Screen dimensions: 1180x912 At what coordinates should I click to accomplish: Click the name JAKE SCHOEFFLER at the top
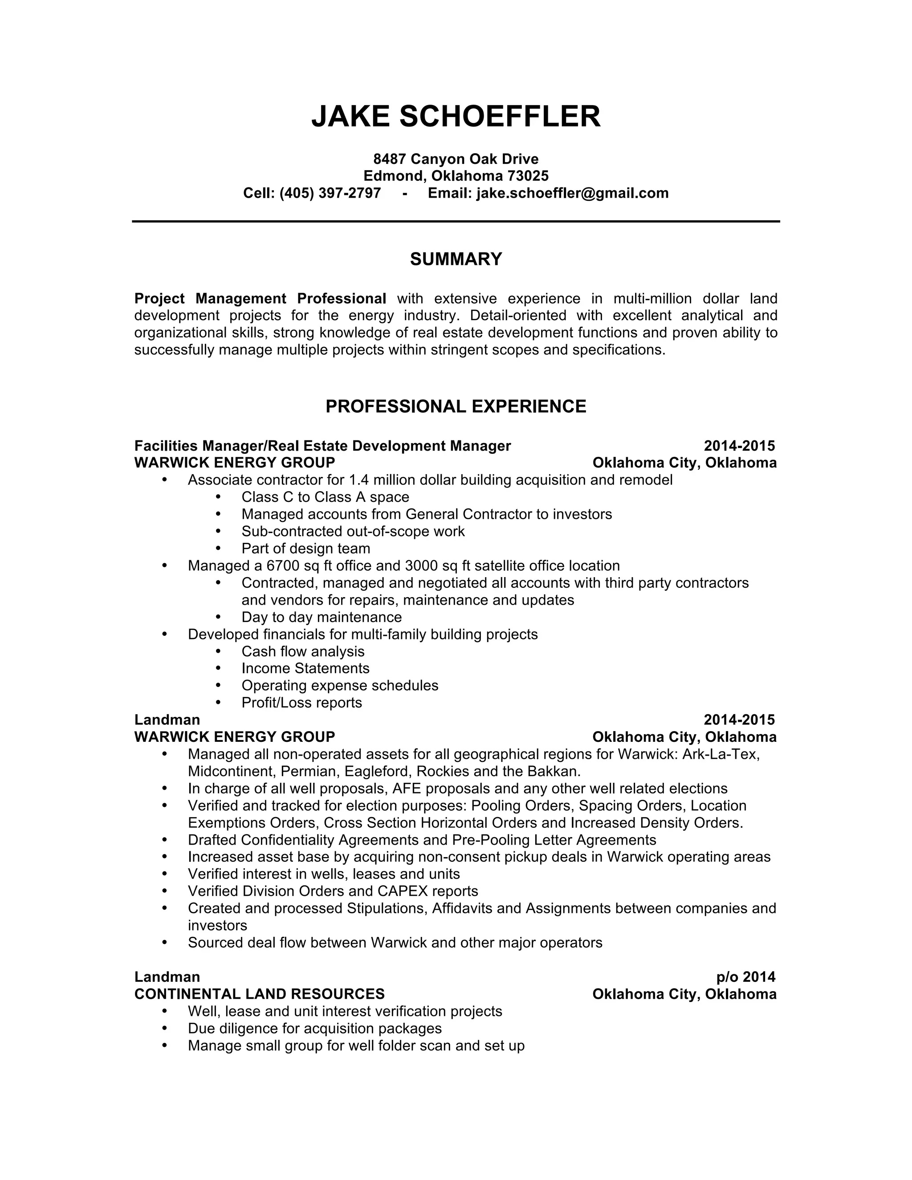[456, 116]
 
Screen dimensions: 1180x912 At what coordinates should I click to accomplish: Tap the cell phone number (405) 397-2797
[330, 193]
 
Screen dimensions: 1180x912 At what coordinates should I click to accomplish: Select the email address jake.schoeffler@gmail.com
[572, 193]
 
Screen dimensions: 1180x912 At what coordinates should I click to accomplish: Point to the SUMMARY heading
[456, 259]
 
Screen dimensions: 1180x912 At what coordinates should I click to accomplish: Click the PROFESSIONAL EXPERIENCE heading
[456, 406]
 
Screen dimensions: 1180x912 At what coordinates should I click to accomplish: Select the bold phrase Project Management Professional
[260, 298]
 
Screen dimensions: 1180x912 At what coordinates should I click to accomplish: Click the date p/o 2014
[745, 977]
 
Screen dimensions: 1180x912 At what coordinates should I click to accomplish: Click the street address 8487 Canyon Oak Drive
[456, 159]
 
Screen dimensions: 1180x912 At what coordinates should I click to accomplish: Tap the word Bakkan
[554, 771]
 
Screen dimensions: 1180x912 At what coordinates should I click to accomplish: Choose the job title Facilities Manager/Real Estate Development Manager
[322, 446]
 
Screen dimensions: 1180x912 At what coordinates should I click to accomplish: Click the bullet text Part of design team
[306, 549]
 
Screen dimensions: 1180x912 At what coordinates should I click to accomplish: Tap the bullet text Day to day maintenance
[322, 617]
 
